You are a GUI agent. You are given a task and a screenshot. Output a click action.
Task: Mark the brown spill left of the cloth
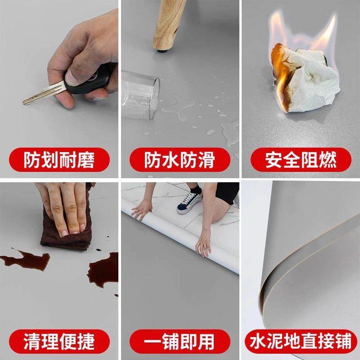click(x=25, y=261)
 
